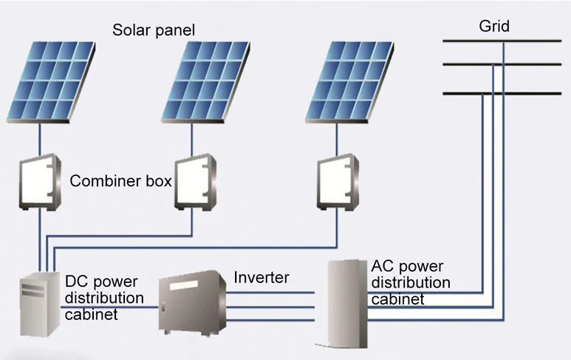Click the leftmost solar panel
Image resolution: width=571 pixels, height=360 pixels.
click(x=52, y=81)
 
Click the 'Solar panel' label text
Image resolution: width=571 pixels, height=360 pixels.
click(x=153, y=30)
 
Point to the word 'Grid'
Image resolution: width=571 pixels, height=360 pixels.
click(x=494, y=27)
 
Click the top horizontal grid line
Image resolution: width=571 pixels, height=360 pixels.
click(x=502, y=41)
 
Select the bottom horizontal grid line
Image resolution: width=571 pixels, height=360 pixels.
click(x=502, y=94)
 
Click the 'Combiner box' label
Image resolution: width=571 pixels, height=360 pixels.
click(x=121, y=180)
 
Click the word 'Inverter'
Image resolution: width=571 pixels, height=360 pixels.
click(x=261, y=278)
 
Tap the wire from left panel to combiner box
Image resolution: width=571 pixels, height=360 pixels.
click(x=41, y=140)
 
